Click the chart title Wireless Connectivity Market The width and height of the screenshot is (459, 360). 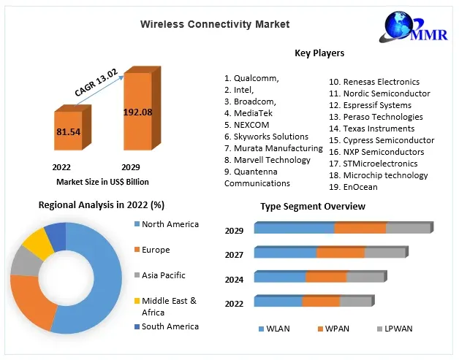coord(215,24)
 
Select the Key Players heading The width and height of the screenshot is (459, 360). coord(319,53)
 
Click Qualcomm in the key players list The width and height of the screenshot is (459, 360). coord(251,78)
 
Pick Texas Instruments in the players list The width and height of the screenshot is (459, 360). coord(374,129)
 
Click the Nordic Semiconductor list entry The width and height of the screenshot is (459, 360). coord(379,93)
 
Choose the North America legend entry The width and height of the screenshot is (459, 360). coord(170,224)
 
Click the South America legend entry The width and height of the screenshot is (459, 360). coord(170,326)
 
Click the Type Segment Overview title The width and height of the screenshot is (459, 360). coord(313,207)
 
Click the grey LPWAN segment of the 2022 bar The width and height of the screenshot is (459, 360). coord(356,302)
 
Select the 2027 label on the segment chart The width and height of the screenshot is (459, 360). coord(234,255)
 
